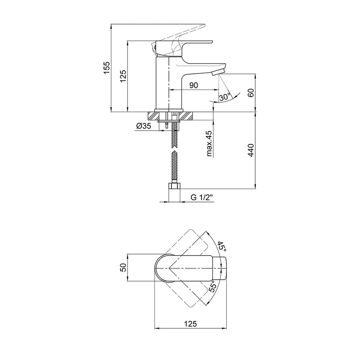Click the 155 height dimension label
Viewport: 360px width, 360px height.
(107, 68)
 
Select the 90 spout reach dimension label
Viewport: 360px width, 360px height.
(194, 86)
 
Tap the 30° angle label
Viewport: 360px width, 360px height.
(225, 97)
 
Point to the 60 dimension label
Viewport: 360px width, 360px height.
(251, 93)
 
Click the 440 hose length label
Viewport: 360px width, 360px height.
(251, 150)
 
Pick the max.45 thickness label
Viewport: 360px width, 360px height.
(209, 144)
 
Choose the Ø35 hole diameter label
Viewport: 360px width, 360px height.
(144, 126)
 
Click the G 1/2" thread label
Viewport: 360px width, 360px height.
(202, 197)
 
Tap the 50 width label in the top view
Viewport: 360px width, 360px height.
(123, 268)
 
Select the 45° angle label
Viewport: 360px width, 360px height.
(222, 246)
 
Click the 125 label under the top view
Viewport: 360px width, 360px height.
(190, 324)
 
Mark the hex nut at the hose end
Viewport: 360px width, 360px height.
(174, 186)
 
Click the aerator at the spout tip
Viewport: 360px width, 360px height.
(218, 72)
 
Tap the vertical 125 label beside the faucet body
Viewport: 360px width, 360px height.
(123, 76)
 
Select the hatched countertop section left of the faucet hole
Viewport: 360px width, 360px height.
(153, 116)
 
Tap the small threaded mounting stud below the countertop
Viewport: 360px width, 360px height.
(166, 126)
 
